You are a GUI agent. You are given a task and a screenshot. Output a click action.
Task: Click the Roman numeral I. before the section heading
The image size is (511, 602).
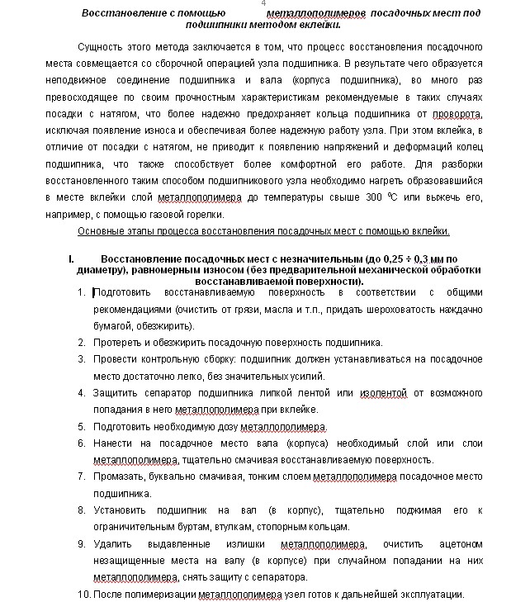tap(73, 258)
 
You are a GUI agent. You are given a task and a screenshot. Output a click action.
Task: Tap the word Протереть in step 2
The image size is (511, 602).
tap(118, 342)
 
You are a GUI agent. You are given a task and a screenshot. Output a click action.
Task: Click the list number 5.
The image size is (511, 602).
tap(82, 426)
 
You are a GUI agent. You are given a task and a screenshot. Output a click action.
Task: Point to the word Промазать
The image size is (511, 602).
tap(120, 476)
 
